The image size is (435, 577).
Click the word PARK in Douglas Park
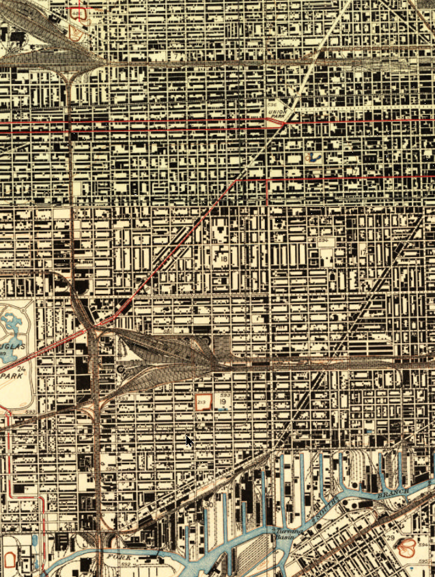point(9,376)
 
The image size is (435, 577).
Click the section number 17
point(363,252)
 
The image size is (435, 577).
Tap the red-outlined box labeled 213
point(202,401)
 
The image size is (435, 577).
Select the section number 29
point(389,539)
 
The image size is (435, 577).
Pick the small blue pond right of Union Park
point(315,157)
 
